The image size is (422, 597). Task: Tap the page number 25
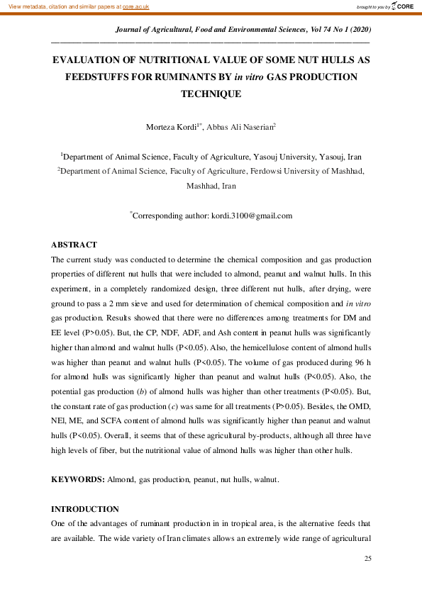(367, 559)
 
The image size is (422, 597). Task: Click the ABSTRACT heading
(74, 245)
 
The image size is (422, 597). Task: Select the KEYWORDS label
(78, 479)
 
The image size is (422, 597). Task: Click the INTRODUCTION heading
(85, 509)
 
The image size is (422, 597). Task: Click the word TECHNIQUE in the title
(211, 93)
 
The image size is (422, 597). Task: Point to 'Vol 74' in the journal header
(308, 30)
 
